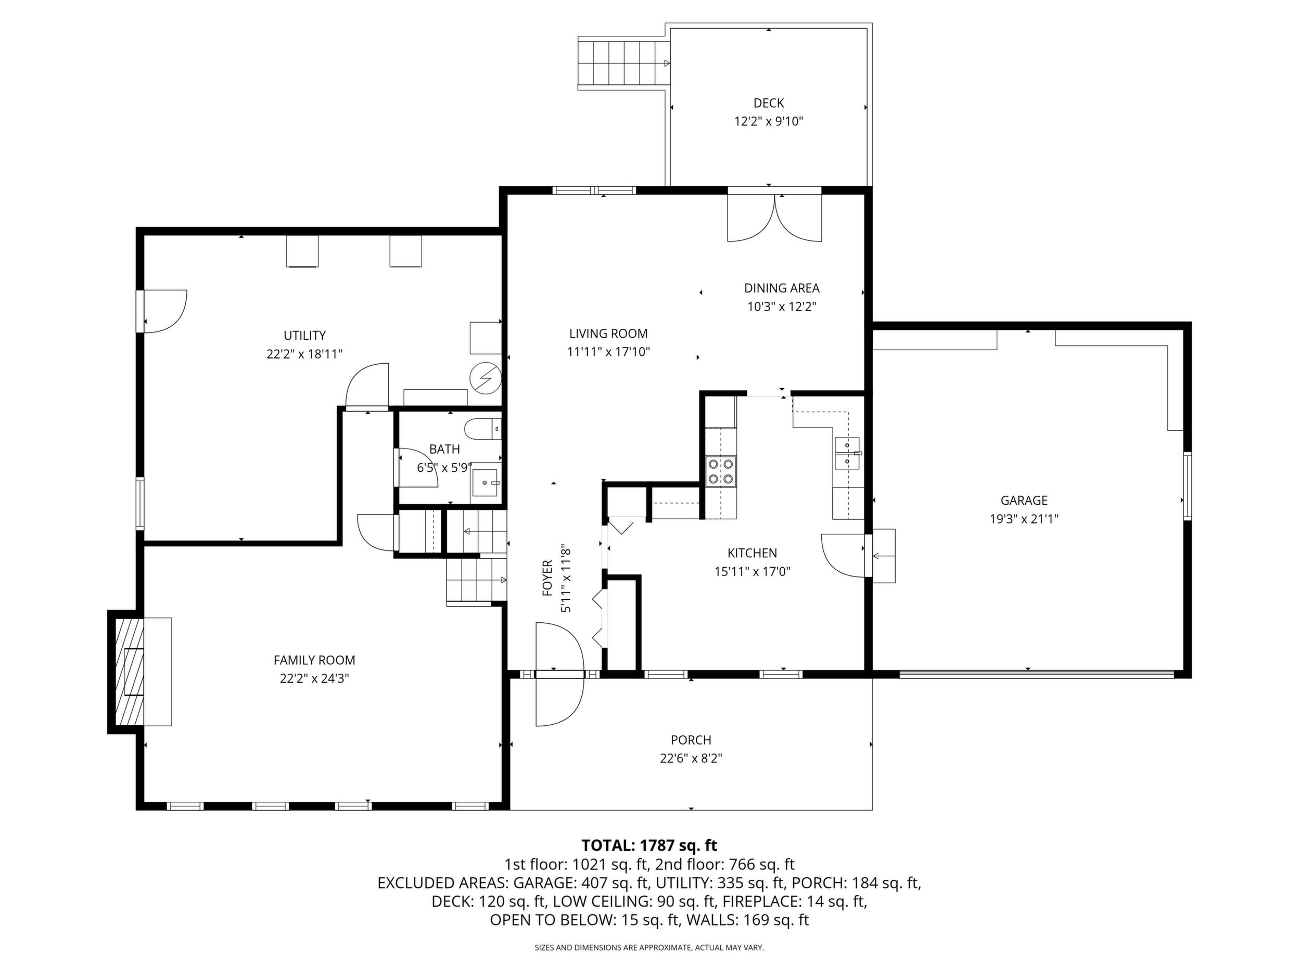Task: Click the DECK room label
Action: point(768,104)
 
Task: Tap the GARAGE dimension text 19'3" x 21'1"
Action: point(1024,519)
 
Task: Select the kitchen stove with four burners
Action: point(721,471)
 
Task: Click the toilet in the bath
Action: point(483,429)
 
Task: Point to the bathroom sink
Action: point(485,483)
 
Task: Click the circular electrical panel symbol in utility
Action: point(486,378)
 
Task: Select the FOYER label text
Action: point(547,578)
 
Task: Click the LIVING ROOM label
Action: point(608,334)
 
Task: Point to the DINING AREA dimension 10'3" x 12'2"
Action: point(782,306)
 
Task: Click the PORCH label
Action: point(691,740)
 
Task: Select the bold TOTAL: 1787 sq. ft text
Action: point(649,845)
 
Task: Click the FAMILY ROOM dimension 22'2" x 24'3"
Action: point(315,678)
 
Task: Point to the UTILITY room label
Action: point(304,336)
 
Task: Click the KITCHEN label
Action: point(752,553)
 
